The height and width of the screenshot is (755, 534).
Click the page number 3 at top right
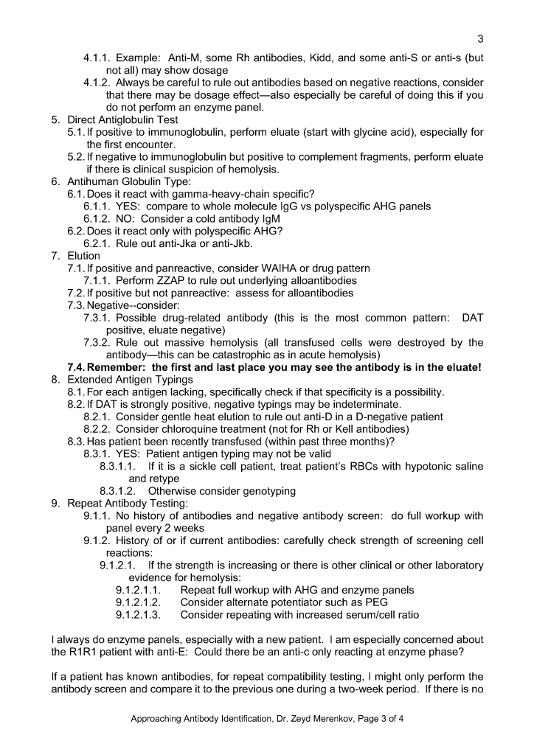(x=480, y=39)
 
